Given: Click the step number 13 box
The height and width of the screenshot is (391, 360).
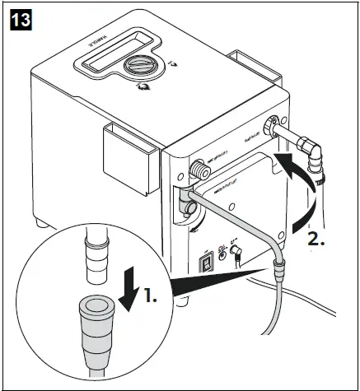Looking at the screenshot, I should click(21, 20).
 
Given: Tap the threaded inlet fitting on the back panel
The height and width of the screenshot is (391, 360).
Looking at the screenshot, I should click(199, 170).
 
